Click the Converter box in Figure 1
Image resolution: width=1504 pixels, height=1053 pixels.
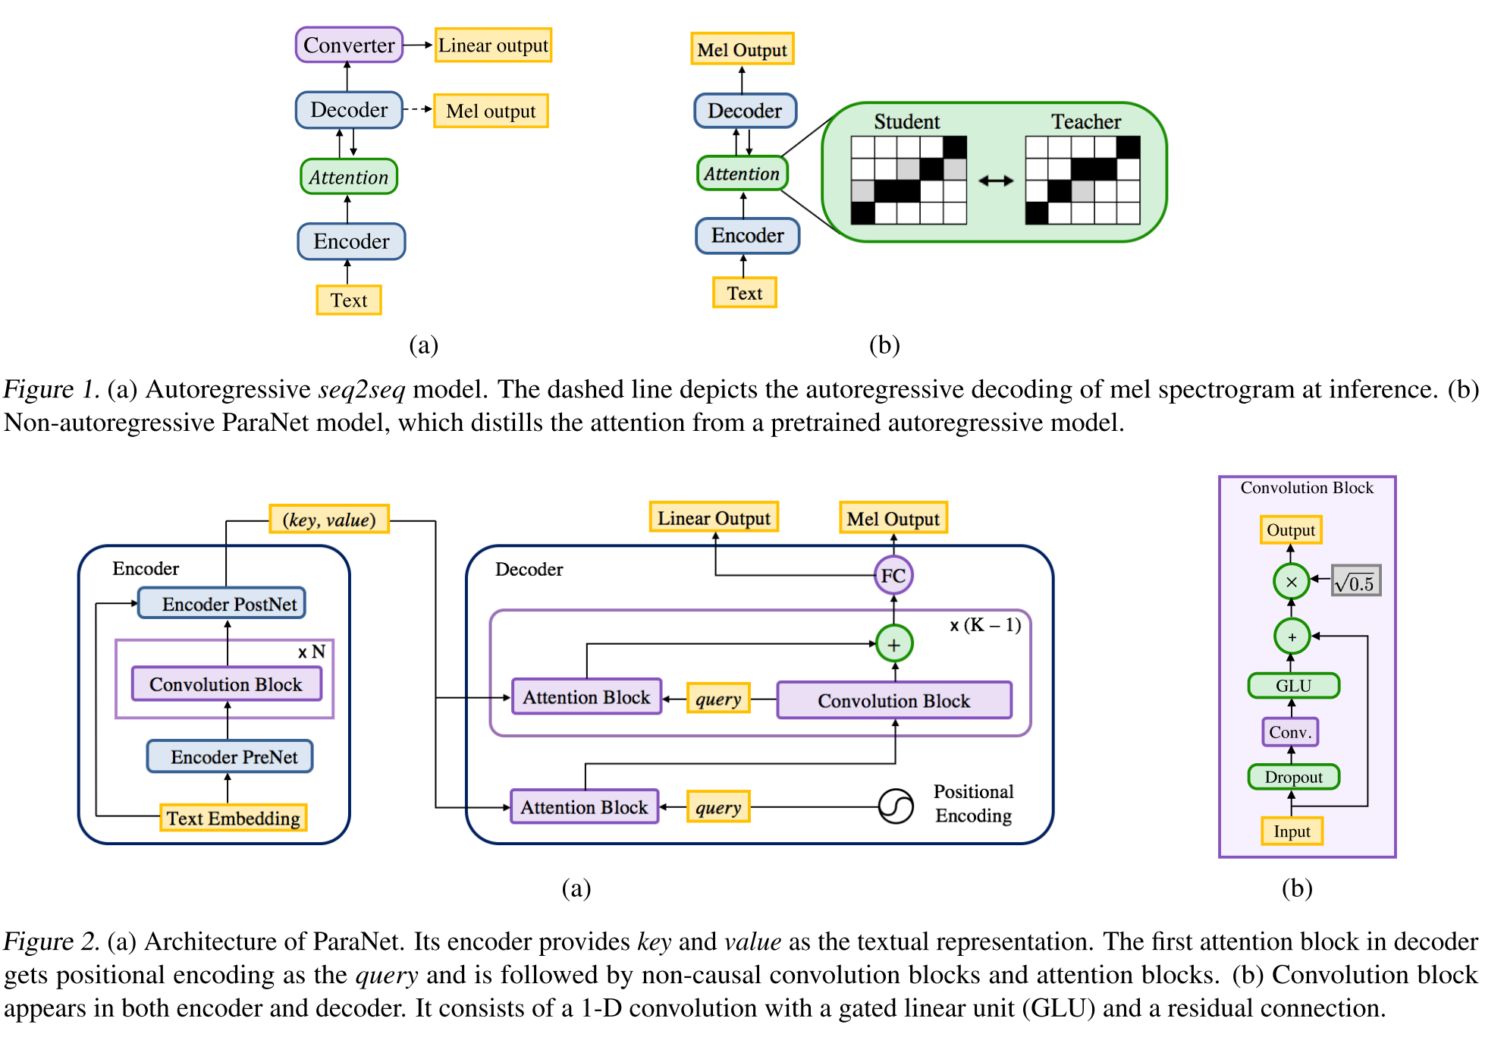349,46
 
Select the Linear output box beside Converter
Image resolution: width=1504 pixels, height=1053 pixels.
493,46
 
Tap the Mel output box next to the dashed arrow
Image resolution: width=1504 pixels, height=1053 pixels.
491,111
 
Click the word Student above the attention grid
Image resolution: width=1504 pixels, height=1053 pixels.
906,122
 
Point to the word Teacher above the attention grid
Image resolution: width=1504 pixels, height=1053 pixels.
1085,122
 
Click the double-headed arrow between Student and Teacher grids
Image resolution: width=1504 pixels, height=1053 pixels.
996,181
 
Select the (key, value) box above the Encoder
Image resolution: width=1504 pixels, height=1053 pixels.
329,520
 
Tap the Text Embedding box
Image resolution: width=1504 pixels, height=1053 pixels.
233,818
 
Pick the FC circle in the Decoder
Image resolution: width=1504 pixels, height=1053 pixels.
893,576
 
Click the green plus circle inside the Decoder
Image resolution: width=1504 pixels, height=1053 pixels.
894,644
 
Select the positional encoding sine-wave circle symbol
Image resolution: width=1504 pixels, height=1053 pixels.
896,806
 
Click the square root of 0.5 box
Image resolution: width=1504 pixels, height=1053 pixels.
1356,582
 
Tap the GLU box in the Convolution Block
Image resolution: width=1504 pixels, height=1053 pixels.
1293,686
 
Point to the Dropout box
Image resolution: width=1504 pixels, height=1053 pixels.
1293,777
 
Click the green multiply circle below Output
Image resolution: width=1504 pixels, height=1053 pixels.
1292,582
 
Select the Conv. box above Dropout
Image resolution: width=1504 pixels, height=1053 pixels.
1290,732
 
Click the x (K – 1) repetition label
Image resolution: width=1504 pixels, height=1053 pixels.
985,625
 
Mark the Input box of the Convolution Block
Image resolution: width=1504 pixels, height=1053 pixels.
1292,831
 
